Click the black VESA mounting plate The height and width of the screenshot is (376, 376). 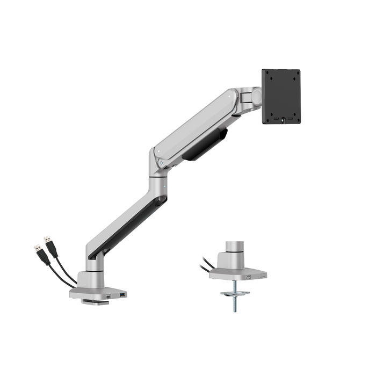tap(281, 96)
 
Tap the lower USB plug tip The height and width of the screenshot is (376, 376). tap(37, 248)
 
